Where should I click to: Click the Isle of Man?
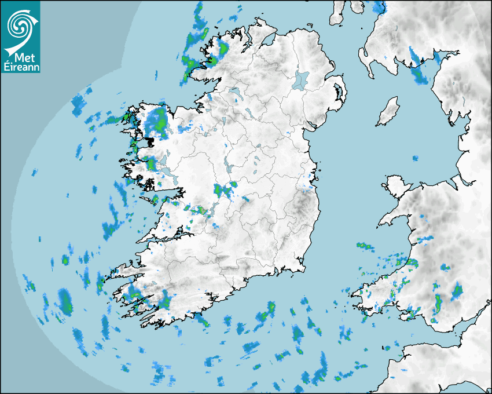388,111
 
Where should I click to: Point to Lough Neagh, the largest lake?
300,79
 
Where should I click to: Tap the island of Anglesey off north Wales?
394,186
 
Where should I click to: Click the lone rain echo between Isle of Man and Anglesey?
415,158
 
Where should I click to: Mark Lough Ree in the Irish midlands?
230,168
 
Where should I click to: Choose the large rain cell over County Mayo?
157,122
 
